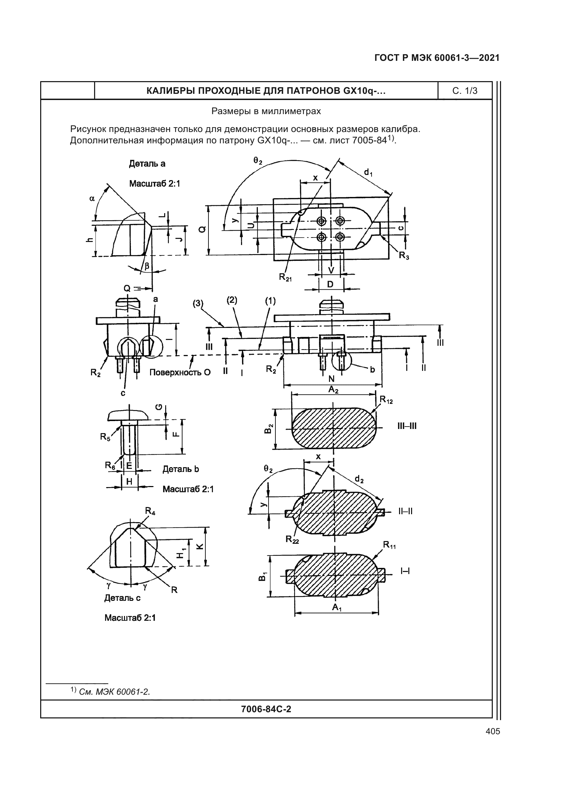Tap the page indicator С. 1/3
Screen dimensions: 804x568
[465, 91]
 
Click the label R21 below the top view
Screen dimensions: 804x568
[285, 277]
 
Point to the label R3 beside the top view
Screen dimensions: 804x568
[404, 256]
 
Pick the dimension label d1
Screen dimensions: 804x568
[368, 172]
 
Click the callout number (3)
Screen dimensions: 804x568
[197, 303]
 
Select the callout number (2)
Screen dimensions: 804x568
[231, 300]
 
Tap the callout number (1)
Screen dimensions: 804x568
[270, 300]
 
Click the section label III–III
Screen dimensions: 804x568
[407, 427]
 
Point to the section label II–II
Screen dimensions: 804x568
[405, 511]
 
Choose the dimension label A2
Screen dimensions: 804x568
[333, 390]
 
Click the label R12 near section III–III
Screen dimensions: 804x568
[386, 399]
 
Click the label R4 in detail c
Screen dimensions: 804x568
[150, 511]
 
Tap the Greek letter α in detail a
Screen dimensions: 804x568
[92, 199]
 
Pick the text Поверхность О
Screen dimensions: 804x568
[180, 372]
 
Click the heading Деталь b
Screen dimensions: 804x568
[181, 469]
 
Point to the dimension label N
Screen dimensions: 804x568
[332, 378]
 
